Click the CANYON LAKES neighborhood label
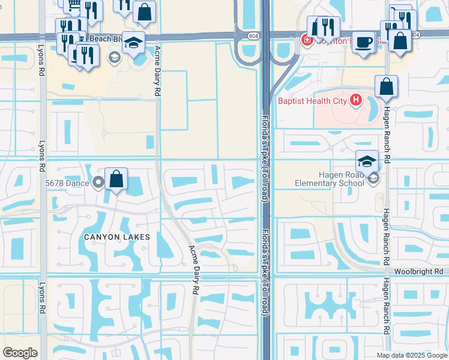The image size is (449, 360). [x=116, y=237]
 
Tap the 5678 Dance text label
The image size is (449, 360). [x=68, y=183]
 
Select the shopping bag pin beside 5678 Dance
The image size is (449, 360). [x=116, y=179]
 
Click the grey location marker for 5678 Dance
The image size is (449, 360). [x=100, y=183]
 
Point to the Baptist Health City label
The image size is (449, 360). [x=312, y=101]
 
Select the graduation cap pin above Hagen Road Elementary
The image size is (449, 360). [x=367, y=161]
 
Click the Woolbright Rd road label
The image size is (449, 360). [x=421, y=272]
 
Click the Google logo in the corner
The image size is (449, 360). [x=20, y=353]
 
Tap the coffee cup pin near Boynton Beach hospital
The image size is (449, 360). [x=363, y=42]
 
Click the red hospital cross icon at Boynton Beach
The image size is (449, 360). [x=306, y=40]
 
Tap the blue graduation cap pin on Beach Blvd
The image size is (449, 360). [x=134, y=42]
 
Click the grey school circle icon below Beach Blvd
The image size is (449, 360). [x=113, y=57]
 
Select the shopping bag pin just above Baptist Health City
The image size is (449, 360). [x=386, y=86]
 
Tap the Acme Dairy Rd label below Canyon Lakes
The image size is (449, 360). [x=193, y=269]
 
